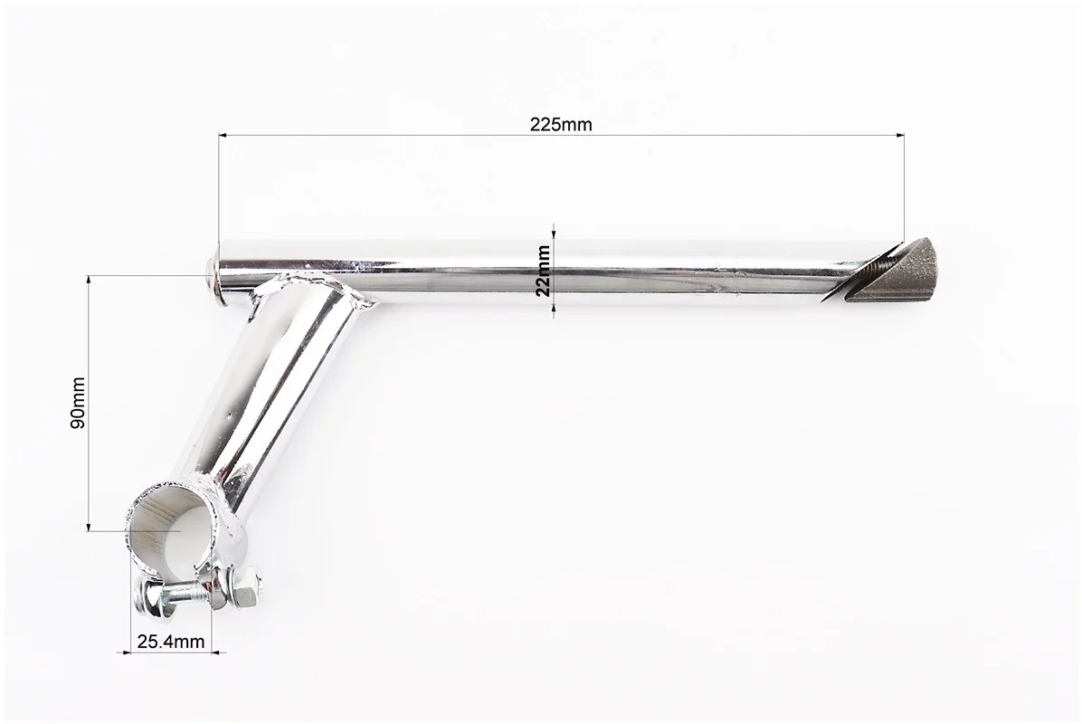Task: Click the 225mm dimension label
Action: (560, 124)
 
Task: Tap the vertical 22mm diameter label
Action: (544, 270)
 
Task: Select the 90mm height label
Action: (78, 403)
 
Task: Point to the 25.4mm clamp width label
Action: (170, 642)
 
